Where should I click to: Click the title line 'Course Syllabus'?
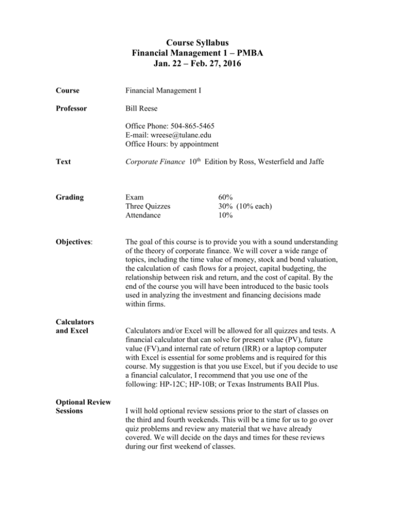[196, 43]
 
